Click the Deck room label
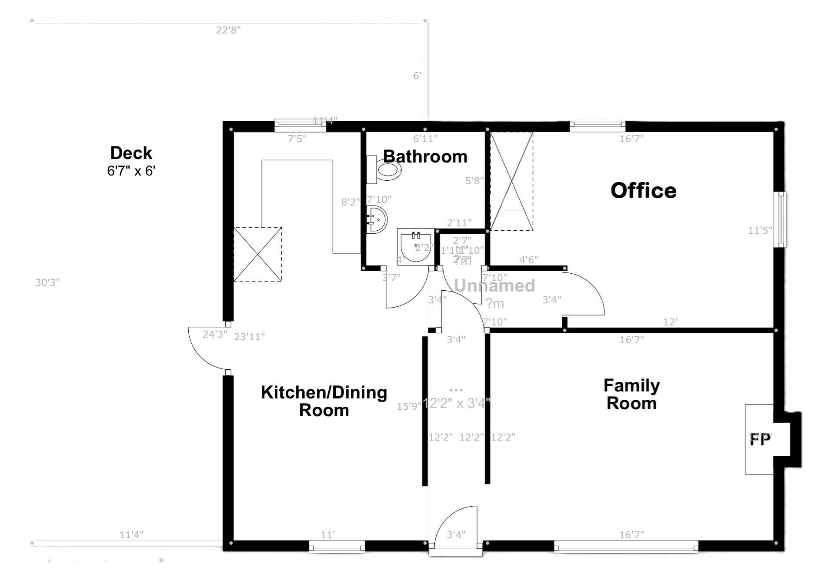[x=131, y=153]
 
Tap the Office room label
[x=643, y=191]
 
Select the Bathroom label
[x=425, y=156]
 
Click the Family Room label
[x=631, y=395]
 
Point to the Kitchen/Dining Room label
[x=324, y=401]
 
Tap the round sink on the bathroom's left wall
[x=376, y=219]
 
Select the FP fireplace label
[x=760, y=440]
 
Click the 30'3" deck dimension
[x=47, y=283]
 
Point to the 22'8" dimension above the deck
[x=228, y=30]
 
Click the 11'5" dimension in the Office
[x=760, y=230]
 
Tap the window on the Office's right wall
[x=782, y=220]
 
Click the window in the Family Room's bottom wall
[x=626, y=547]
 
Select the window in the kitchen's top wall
[x=300, y=126]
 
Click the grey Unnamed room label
[x=494, y=285]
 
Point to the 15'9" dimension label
[x=409, y=406]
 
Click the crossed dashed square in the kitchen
[x=257, y=254]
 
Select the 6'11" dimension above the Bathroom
[x=425, y=139]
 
